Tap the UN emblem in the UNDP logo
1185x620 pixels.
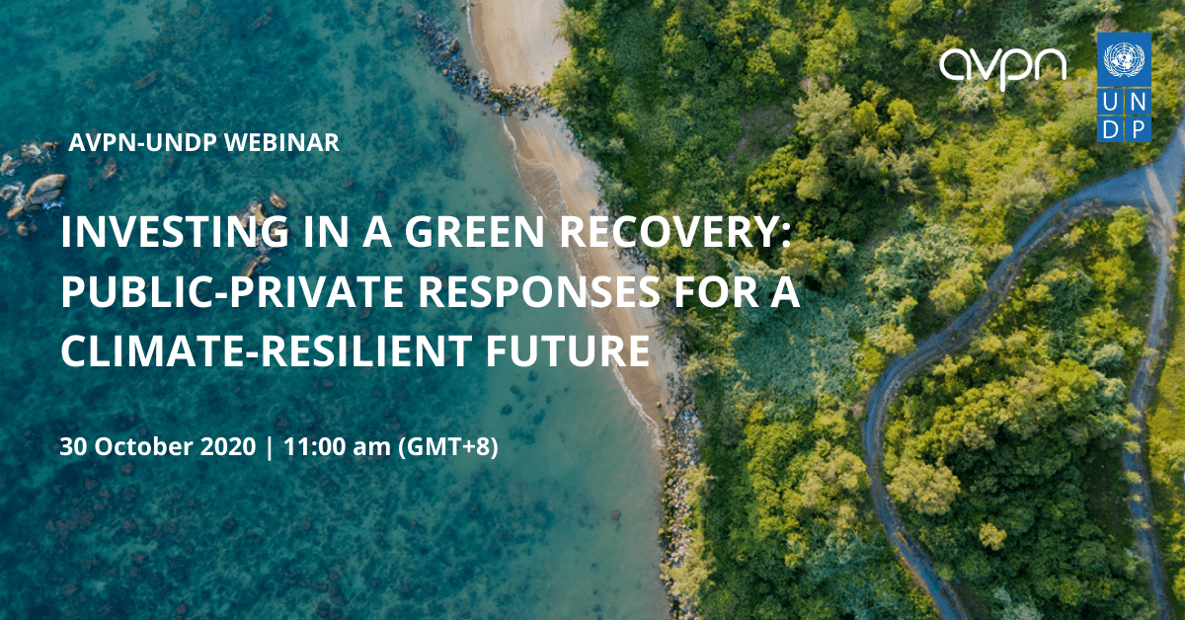[1124, 60]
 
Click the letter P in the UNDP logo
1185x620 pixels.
[1138, 129]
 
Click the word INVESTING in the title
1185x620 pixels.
[175, 233]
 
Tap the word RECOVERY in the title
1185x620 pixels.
[674, 232]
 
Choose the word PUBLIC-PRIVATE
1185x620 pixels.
[233, 292]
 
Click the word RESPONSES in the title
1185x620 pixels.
[539, 292]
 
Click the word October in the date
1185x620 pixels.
[143, 446]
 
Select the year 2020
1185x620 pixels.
[228, 446]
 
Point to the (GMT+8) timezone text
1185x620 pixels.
[448, 447]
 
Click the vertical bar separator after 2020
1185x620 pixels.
[270, 447]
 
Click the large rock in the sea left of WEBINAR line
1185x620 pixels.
[45, 190]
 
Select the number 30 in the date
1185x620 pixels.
[73, 446]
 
